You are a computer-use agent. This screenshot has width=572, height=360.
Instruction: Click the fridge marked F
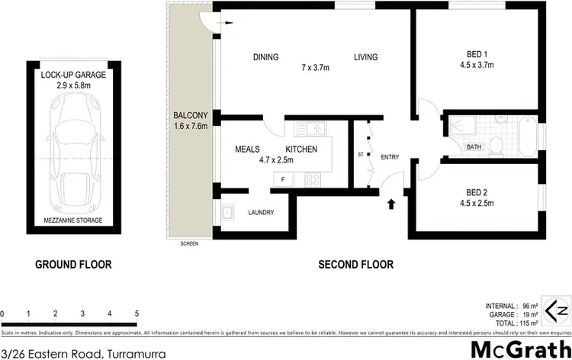tap(283, 179)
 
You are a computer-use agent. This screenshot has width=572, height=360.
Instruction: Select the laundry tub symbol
tap(227, 214)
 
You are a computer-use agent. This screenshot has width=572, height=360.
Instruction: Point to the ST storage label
tap(361, 156)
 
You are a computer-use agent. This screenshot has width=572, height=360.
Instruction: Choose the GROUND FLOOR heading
tap(74, 265)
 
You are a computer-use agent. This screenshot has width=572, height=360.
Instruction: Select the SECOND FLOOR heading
tap(356, 265)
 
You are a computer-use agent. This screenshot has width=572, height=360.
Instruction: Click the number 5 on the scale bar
tap(137, 313)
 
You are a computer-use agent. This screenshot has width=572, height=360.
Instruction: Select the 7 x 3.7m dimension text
tap(315, 68)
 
